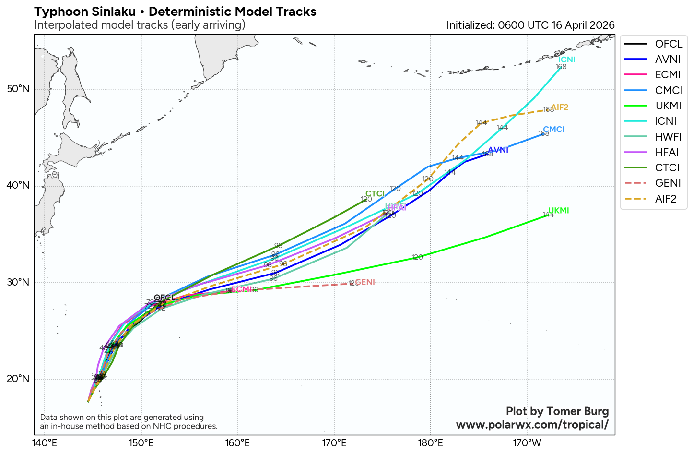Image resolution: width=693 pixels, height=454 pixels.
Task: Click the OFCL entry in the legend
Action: (x=669, y=44)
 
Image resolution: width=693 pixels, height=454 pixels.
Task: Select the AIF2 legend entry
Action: (x=666, y=199)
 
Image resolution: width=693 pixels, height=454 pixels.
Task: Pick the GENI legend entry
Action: (x=668, y=183)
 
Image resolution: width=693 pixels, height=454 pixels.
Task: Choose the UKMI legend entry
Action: (x=668, y=106)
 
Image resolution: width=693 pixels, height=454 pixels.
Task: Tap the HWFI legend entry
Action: (x=668, y=137)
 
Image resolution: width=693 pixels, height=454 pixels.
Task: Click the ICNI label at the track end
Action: (x=567, y=60)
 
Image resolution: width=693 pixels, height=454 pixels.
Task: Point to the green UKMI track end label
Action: (x=559, y=211)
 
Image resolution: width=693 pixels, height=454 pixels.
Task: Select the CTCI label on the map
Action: (x=375, y=194)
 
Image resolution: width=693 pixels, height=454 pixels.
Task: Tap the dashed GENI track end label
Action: (x=365, y=282)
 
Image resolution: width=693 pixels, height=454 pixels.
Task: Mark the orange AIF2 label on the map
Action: (x=560, y=108)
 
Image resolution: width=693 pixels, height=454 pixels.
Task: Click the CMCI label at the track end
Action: (x=554, y=130)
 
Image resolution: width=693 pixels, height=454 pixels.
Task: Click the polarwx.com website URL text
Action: (x=532, y=425)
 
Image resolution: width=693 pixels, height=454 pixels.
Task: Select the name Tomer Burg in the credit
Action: (x=577, y=411)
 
